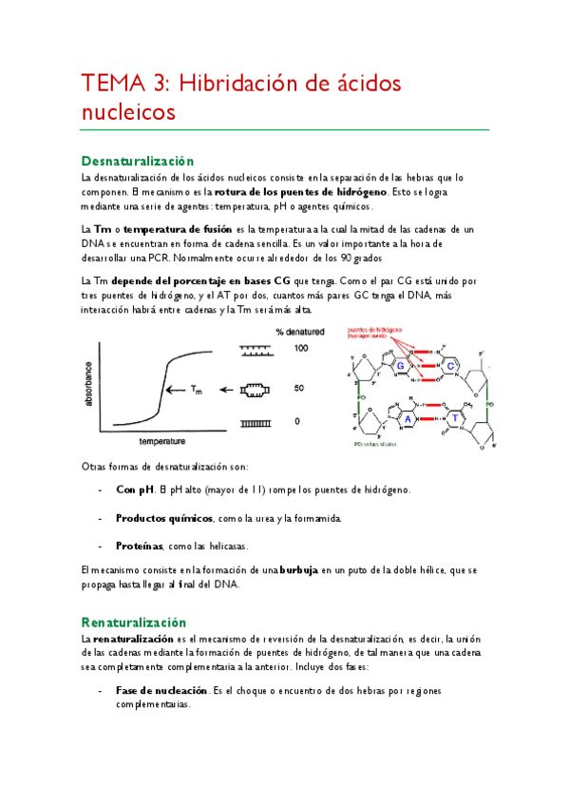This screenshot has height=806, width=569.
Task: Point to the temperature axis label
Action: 161,442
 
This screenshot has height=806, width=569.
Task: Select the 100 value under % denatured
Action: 300,349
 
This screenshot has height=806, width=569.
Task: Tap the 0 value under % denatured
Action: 297,420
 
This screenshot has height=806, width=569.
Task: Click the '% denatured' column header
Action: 300,332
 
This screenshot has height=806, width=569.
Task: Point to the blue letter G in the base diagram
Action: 402,366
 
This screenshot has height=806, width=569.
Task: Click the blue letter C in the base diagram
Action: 450,366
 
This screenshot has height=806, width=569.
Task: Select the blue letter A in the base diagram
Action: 408,418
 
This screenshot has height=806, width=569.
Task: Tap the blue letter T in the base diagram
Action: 456,418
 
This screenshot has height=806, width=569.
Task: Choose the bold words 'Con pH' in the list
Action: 134,489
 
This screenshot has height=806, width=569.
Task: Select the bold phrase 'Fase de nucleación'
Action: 158,690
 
